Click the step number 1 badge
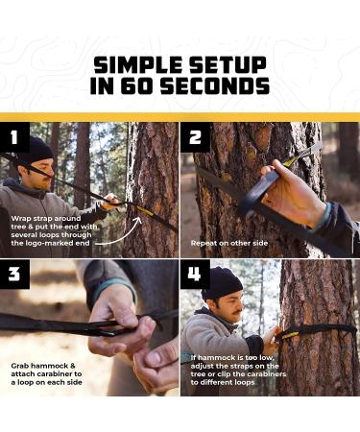[13, 136]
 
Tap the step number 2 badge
[195, 136]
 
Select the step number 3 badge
[13, 274]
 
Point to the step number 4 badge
[195, 274]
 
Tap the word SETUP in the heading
[229, 64]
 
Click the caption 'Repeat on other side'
[229, 243]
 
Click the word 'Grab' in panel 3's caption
[21, 364]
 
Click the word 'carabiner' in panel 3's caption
[61, 373]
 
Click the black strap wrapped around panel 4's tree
[317, 329]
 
